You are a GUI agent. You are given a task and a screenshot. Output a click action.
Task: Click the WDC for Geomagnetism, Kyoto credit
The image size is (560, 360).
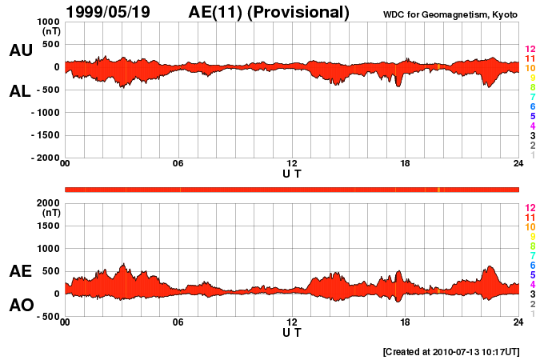pyautogui.click(x=450, y=14)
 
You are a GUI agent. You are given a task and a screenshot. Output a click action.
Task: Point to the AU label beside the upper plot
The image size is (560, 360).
pyautogui.click(x=21, y=50)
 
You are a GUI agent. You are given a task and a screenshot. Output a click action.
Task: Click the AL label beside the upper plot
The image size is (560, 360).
pyautogui.click(x=21, y=91)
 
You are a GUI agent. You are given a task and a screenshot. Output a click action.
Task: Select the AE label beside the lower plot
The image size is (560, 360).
pyautogui.click(x=21, y=271)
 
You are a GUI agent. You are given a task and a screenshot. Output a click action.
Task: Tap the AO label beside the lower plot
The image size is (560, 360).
pyautogui.click(x=21, y=306)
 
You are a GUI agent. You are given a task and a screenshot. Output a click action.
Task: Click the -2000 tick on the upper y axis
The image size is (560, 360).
pyautogui.click(x=41, y=158)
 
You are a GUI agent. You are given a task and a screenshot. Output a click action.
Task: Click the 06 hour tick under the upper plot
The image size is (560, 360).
pyautogui.click(x=178, y=164)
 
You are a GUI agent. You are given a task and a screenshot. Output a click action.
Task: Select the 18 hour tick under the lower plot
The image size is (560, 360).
pyautogui.click(x=405, y=322)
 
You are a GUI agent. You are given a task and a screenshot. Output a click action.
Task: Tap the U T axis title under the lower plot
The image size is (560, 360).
pyautogui.click(x=292, y=332)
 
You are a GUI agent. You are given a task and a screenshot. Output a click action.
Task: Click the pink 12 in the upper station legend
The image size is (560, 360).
pyautogui.click(x=530, y=50)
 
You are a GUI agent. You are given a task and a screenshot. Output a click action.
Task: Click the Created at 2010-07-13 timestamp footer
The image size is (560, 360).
pyautogui.click(x=451, y=351)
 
